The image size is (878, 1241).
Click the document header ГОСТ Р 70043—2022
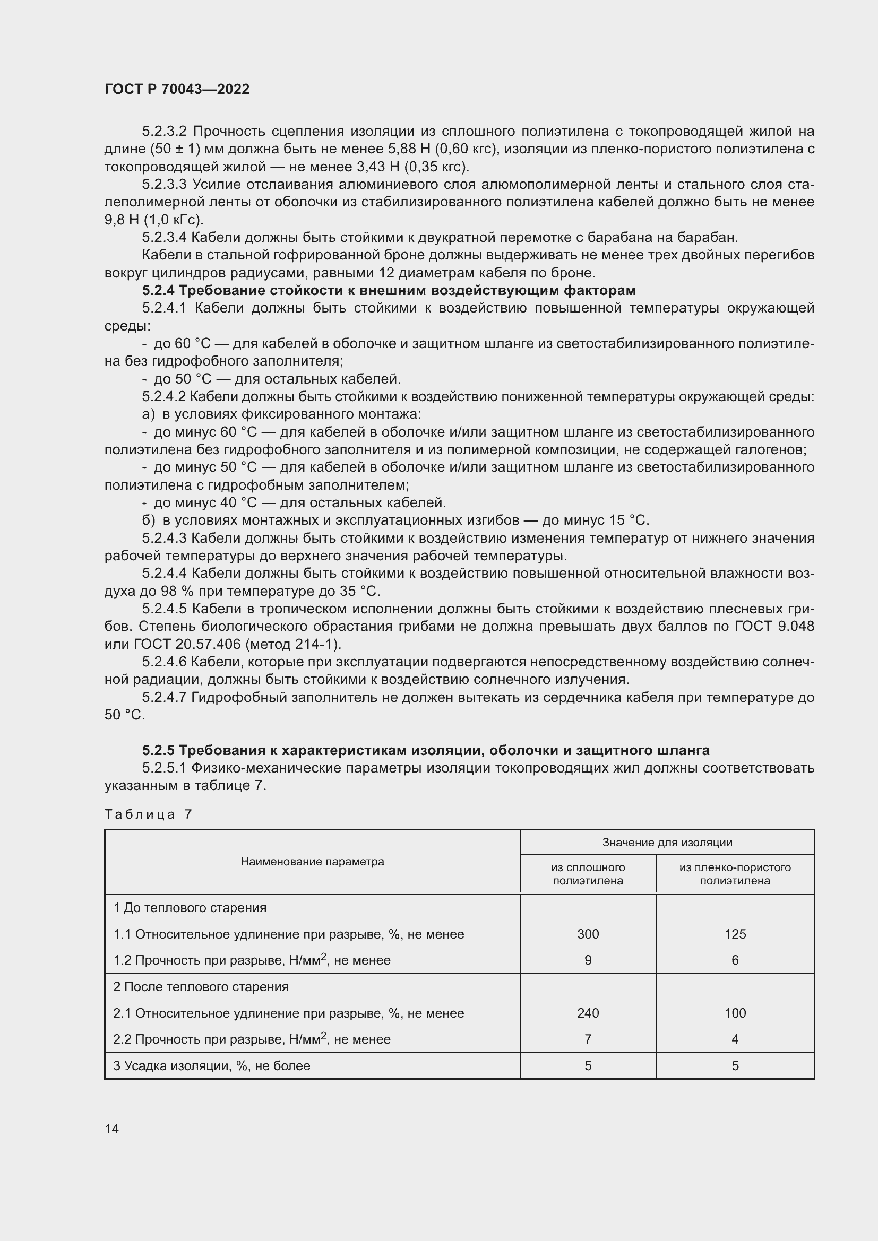click(x=177, y=89)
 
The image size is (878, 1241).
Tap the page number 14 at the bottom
click(x=112, y=1129)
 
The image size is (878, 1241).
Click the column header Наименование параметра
click(x=312, y=862)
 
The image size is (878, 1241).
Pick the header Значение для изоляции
click(x=667, y=842)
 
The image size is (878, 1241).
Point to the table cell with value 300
click(x=588, y=934)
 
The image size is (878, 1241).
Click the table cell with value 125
click(x=735, y=934)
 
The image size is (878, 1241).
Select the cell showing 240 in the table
click(x=588, y=1013)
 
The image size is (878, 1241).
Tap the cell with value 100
click(x=735, y=1013)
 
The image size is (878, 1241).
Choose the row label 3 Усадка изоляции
click(x=211, y=1066)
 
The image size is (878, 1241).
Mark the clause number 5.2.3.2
click(x=164, y=132)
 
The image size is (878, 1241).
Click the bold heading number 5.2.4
click(x=158, y=291)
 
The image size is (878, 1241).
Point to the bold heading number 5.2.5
click(x=158, y=750)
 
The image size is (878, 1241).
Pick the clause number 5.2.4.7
click(x=164, y=697)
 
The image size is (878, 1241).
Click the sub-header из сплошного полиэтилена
click(x=588, y=874)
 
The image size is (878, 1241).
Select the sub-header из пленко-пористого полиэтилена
click(x=735, y=874)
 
